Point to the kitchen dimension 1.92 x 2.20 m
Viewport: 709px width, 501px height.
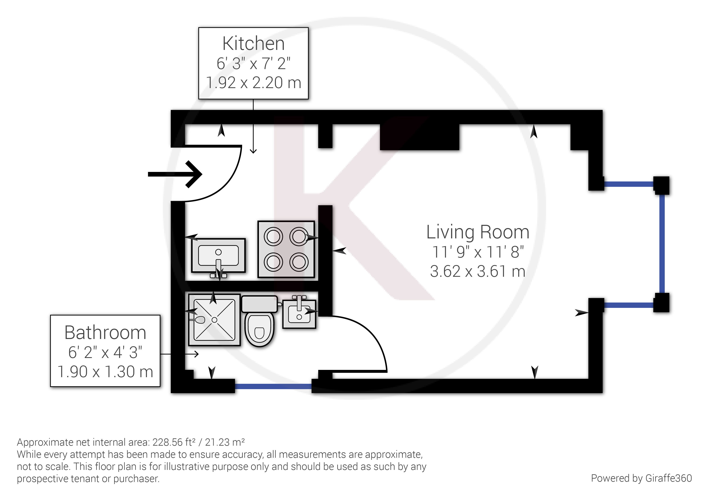253,83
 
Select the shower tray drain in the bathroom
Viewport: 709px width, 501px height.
214,320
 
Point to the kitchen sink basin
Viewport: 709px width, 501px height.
218,256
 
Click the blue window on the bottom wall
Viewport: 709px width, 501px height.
273,386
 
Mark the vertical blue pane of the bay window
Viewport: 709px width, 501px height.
662,244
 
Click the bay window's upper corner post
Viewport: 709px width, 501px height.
661,185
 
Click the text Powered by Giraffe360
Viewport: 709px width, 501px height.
641,478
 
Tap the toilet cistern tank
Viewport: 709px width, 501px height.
259,304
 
